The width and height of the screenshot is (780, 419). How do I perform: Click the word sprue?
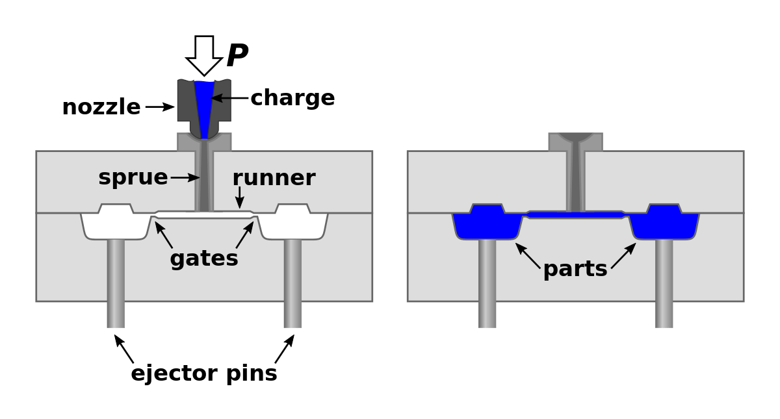(x=133, y=177)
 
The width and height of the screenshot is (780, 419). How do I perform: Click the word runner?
(x=274, y=178)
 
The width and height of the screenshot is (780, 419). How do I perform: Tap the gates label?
(x=203, y=259)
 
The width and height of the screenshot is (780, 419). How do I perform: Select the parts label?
(x=575, y=269)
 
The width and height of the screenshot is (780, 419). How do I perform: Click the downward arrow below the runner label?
(x=240, y=197)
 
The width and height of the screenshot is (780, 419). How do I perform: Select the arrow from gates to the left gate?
(x=164, y=235)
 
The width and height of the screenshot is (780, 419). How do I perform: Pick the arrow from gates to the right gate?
(x=245, y=235)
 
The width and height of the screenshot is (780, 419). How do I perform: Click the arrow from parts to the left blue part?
(x=528, y=255)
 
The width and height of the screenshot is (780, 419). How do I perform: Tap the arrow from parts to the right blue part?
(x=623, y=255)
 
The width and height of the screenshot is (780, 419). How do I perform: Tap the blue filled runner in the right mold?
(x=575, y=214)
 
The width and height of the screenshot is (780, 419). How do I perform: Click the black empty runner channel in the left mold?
(x=204, y=214)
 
